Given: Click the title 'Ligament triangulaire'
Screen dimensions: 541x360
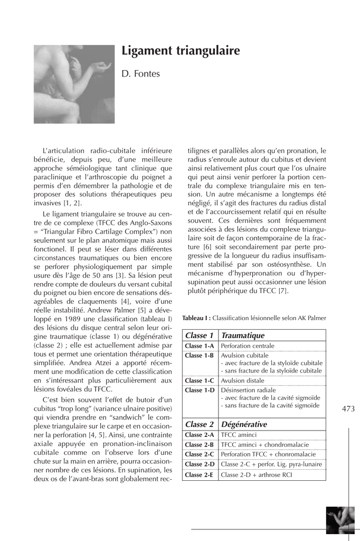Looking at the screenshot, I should (181, 51).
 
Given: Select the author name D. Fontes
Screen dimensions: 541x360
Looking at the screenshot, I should (140, 74).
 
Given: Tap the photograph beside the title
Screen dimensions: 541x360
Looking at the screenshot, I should (74, 84).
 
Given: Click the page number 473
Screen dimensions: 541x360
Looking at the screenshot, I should (348, 408).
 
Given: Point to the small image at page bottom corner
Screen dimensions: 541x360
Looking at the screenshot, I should (340, 520).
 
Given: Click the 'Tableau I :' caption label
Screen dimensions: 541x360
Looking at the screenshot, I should (196, 318).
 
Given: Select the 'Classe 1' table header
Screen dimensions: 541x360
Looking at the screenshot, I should (199, 335).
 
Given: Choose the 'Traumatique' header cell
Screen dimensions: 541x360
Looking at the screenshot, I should (242, 335).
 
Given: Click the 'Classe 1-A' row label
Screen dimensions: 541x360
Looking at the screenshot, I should (199, 346).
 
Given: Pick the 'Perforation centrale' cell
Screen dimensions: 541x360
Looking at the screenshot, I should (247, 346).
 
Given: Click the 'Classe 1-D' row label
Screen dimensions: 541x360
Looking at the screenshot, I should (199, 390).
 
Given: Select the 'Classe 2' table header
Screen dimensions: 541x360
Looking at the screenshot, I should (199, 424).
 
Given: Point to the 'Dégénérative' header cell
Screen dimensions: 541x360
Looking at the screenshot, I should (244, 424).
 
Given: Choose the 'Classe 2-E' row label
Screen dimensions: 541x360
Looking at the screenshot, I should (199, 475).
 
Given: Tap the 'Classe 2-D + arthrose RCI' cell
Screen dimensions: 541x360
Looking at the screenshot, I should (256, 475).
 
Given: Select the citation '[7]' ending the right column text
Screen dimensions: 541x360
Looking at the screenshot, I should (283, 291).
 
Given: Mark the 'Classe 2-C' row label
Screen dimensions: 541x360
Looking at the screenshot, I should (199, 454).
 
